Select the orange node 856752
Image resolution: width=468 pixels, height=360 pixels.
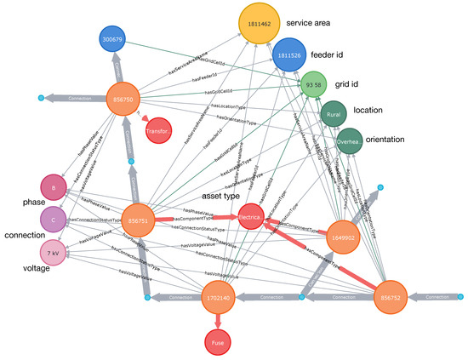tap(396, 300)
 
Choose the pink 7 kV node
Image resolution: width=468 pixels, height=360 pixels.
tap(54, 252)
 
